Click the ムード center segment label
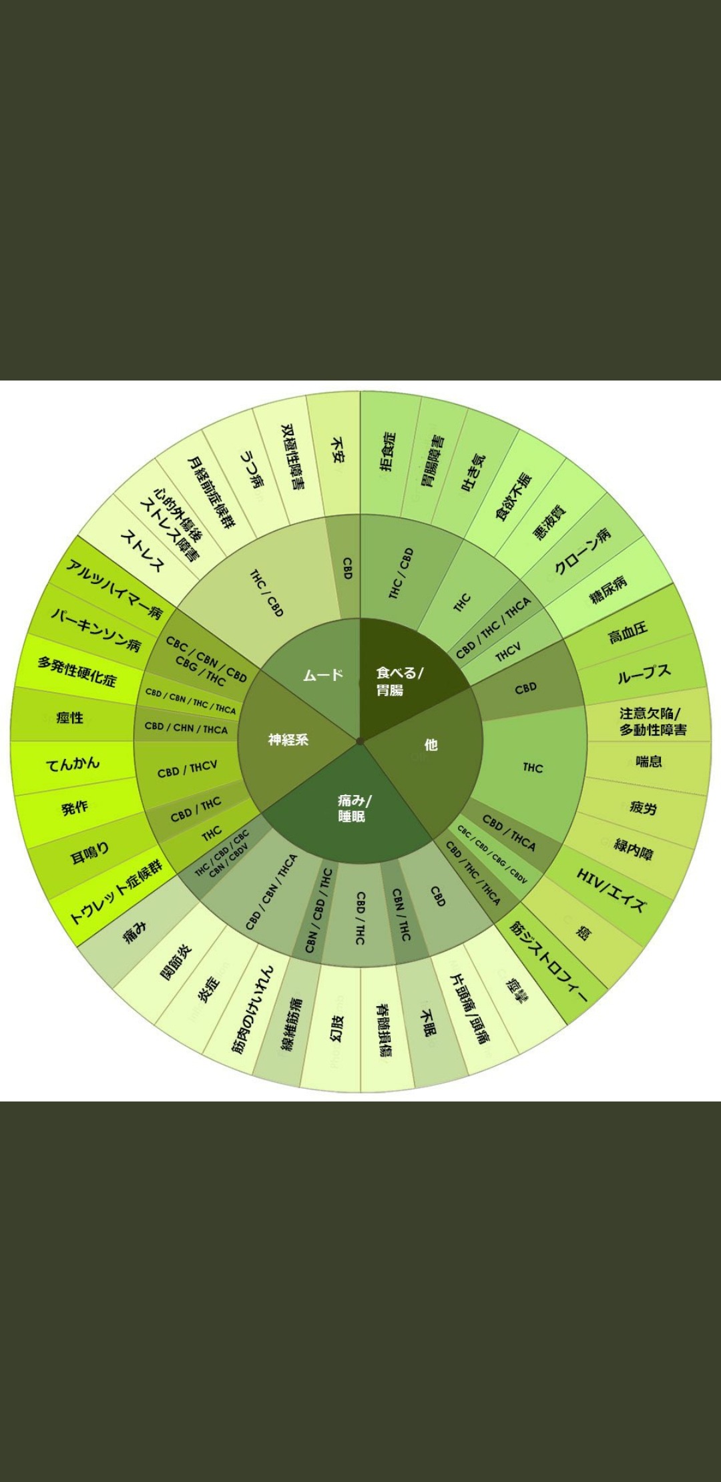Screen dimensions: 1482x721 pos(323,675)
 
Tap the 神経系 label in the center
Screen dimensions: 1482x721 pos(288,739)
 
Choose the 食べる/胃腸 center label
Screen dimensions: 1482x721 pos(399,681)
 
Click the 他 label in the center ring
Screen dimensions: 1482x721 pos(431,744)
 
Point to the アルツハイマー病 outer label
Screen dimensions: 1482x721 pos(114,589)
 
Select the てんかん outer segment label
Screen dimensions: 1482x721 pos(73,763)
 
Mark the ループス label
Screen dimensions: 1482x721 pos(644,675)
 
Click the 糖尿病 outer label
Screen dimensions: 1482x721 pos(608,588)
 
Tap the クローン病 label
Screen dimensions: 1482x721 pos(582,551)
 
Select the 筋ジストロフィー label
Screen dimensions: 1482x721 pos(549,961)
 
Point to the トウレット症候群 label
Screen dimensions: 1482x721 pos(115,892)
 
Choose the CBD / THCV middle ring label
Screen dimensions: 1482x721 pos(187,769)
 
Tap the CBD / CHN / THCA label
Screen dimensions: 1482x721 pos(186,728)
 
